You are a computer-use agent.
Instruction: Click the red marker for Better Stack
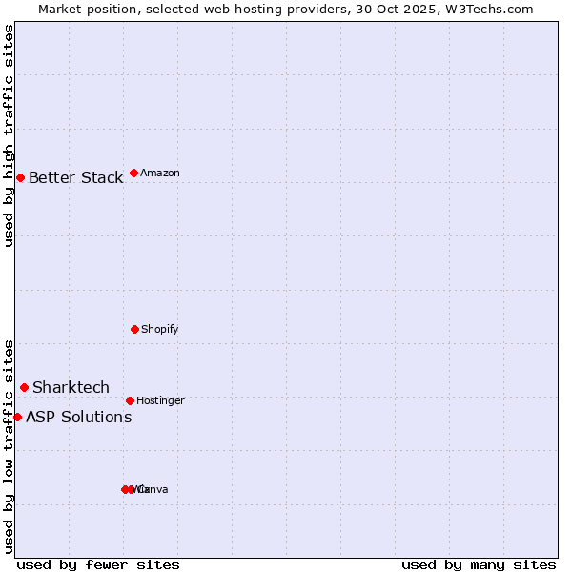[x=20, y=177]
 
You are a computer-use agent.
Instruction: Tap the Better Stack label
[x=75, y=178]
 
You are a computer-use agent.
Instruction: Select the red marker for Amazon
[x=133, y=173]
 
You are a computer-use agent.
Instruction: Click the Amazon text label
[x=159, y=174]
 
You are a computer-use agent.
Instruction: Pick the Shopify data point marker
[x=134, y=329]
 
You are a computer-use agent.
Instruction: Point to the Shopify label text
[x=159, y=330]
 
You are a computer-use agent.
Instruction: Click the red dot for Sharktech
[x=24, y=387]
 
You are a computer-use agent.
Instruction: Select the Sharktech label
[x=71, y=387]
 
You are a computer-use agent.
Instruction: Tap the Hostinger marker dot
[x=130, y=400]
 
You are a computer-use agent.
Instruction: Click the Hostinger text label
[x=160, y=401]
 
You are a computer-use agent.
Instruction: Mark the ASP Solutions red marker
[x=17, y=417]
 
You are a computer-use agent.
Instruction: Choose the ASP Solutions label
[x=78, y=417]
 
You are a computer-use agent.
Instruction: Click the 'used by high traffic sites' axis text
[x=9, y=135]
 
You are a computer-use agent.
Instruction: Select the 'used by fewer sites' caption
[x=97, y=564]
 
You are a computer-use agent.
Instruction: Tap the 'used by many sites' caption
[x=479, y=564]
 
